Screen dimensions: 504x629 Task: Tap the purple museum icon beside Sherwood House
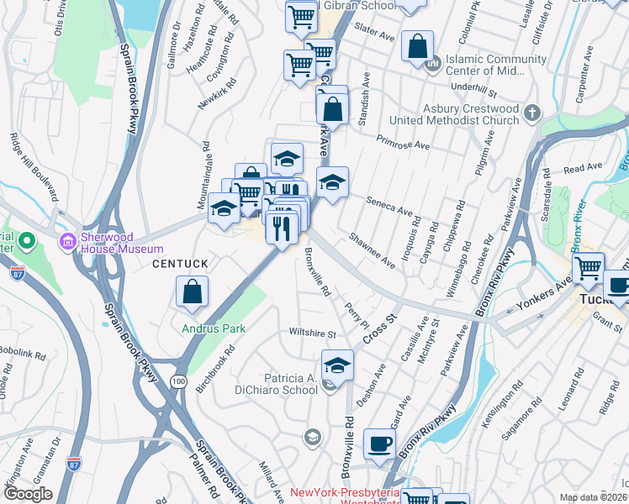pyautogui.click(x=67, y=242)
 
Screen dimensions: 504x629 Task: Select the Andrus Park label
pyautogui.click(x=214, y=328)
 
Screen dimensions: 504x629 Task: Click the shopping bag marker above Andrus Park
pyautogui.click(x=193, y=292)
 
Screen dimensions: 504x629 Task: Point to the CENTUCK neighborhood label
pyautogui.click(x=179, y=264)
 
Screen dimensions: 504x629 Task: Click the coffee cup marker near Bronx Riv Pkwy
pyautogui.click(x=379, y=444)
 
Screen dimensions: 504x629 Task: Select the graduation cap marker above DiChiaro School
pyautogui.click(x=337, y=365)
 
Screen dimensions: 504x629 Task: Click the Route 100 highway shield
pyautogui.click(x=178, y=381)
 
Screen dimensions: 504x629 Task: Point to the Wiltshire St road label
pyautogui.click(x=314, y=333)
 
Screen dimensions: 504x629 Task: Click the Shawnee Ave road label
pyautogui.click(x=372, y=250)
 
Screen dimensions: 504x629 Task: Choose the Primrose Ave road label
pyautogui.click(x=403, y=142)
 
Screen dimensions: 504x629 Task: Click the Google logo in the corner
pyautogui.click(x=28, y=495)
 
